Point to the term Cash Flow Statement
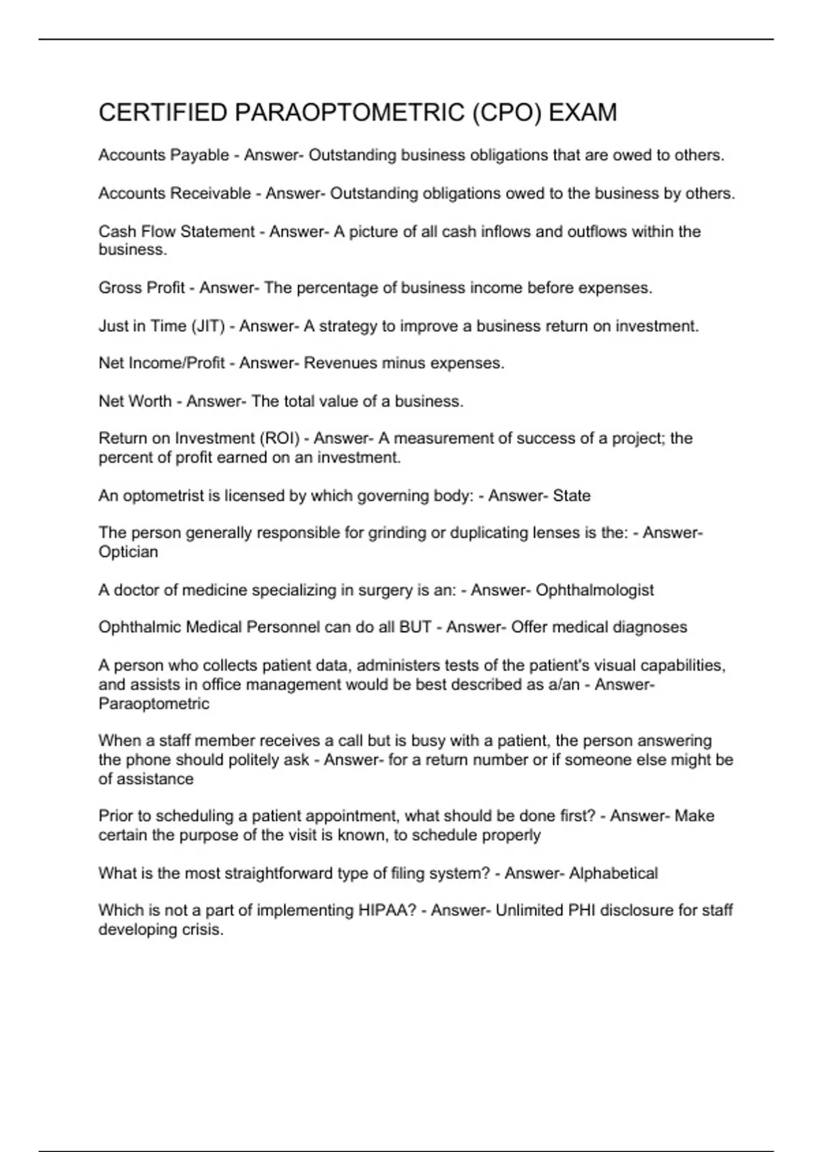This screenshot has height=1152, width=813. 176,232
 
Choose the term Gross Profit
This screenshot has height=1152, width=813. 141,288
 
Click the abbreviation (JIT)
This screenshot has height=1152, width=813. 208,326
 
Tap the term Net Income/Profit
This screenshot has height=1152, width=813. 161,363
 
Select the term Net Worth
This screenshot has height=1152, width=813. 135,401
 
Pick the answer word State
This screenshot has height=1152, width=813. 571,496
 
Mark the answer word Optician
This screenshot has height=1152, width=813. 128,552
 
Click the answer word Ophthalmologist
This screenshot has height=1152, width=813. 594,590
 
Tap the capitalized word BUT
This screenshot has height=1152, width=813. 415,628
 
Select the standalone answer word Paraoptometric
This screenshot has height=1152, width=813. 154,703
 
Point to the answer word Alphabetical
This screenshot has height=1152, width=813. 613,873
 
